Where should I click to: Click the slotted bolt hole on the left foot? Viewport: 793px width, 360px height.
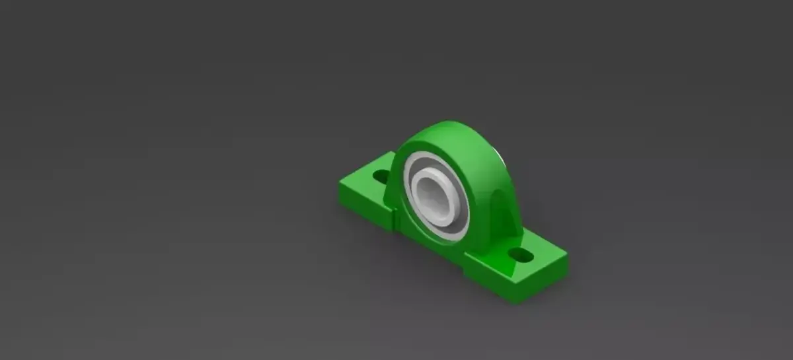381,176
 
